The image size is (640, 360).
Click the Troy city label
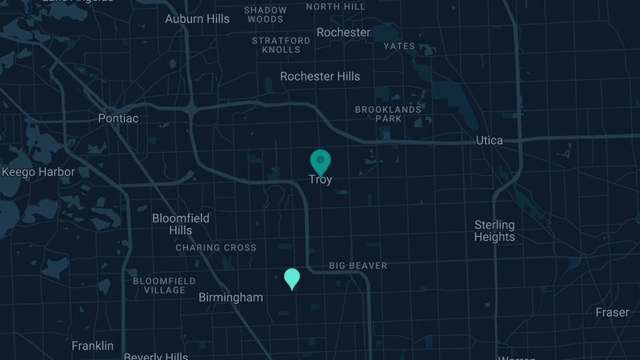(320, 180)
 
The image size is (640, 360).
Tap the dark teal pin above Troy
(320, 161)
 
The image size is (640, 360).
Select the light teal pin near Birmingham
(292, 278)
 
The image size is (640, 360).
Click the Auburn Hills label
(197, 18)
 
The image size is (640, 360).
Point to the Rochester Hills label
(320, 77)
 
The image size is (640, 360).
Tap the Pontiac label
(118, 118)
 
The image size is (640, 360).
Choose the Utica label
(490, 141)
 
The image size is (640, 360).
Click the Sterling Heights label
(494, 230)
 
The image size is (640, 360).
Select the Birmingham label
(230, 298)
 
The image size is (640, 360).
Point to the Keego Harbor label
(38, 172)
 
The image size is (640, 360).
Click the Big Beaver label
(358, 266)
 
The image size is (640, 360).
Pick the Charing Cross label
(216, 248)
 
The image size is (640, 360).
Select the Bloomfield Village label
(159, 286)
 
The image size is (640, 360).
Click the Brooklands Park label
(388, 114)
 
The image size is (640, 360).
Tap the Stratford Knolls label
(281, 45)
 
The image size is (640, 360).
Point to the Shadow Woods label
(265, 14)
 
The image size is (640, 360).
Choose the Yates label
(399, 46)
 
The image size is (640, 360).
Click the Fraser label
(612, 312)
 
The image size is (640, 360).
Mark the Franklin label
(93, 346)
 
